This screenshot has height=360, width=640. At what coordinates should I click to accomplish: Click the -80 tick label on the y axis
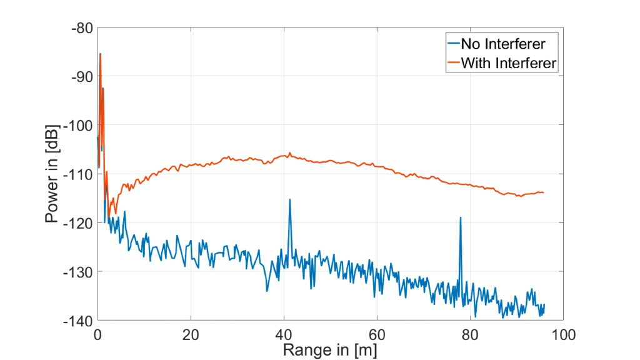point(81,27)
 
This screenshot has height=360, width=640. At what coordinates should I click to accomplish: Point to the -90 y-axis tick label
point(81,76)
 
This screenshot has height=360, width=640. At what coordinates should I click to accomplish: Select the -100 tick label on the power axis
point(77,125)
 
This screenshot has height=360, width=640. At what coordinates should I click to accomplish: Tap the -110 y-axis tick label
point(77,174)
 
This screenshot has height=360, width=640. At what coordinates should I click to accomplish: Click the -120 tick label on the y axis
point(77,222)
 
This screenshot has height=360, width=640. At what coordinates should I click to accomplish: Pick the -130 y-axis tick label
point(77,271)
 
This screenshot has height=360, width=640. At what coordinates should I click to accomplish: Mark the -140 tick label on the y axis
point(77,320)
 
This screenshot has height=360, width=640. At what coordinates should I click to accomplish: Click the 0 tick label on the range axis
point(97,334)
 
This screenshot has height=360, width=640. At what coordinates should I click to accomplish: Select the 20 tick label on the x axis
point(191,334)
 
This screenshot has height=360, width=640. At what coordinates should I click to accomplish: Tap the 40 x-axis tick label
point(284,334)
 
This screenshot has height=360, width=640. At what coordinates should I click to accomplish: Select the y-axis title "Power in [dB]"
point(52,174)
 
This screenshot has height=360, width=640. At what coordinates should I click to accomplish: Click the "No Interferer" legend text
point(502,44)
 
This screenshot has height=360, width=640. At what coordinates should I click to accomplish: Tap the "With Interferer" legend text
point(508,62)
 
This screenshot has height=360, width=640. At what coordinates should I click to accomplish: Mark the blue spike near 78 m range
point(461,218)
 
